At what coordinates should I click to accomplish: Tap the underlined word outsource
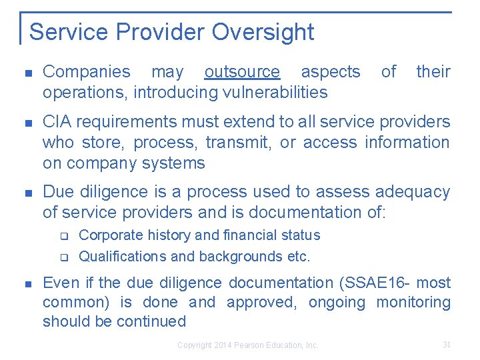[x=242, y=72]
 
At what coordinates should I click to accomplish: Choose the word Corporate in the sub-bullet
[x=111, y=235]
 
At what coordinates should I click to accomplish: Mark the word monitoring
[x=413, y=303]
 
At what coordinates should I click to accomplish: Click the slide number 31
[x=447, y=345]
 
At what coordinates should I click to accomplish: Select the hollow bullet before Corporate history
[x=65, y=235]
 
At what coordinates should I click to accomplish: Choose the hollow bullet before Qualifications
[x=65, y=257]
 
